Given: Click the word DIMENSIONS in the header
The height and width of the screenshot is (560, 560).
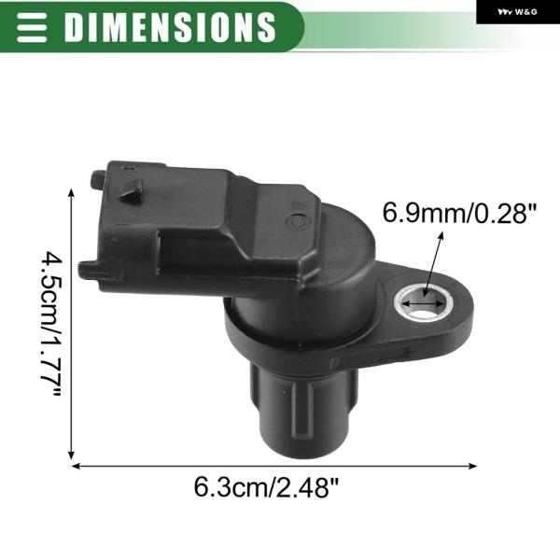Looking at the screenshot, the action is [x=170, y=27].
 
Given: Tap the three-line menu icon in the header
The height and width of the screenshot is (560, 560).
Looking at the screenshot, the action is [x=32, y=27].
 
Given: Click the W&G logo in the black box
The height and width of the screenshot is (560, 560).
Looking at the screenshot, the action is [x=517, y=12].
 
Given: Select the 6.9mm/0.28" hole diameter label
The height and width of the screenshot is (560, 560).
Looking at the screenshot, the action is [x=459, y=213].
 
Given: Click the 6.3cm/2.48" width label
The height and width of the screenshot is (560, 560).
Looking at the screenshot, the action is [x=266, y=487].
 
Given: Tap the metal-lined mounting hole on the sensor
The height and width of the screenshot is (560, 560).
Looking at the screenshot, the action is [x=424, y=303].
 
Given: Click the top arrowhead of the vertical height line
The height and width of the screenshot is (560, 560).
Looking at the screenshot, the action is [x=72, y=193].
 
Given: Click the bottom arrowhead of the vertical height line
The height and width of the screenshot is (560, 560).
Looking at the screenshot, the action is [x=72, y=455].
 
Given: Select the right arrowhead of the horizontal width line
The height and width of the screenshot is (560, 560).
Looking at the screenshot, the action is [x=472, y=466].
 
